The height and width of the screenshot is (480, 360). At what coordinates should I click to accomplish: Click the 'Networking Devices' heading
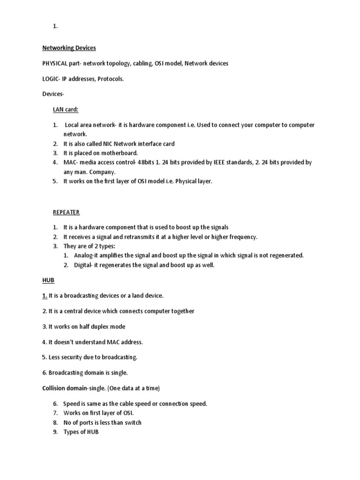(69, 48)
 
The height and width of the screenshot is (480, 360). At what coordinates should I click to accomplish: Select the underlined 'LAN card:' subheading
(65, 110)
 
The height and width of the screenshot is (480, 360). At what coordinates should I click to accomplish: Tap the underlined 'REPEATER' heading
(66, 212)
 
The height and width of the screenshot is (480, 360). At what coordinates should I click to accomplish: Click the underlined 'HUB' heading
(48, 280)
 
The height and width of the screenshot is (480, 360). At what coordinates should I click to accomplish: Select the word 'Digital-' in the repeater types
(84, 265)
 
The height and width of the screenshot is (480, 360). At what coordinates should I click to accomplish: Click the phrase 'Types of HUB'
(81, 432)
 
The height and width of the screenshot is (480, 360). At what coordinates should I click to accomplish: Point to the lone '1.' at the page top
(55, 27)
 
